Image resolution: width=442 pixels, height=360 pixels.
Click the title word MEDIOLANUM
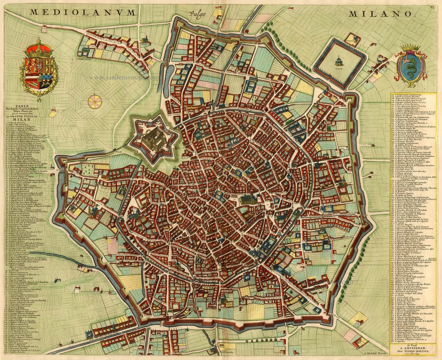pyautogui.click(x=83, y=12)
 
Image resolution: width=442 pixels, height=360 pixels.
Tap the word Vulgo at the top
pyautogui.click(x=197, y=14)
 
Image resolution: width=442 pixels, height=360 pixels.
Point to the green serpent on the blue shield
pyautogui.click(x=411, y=66)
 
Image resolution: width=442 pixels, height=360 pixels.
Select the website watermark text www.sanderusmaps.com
pyautogui.click(x=124, y=77)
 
